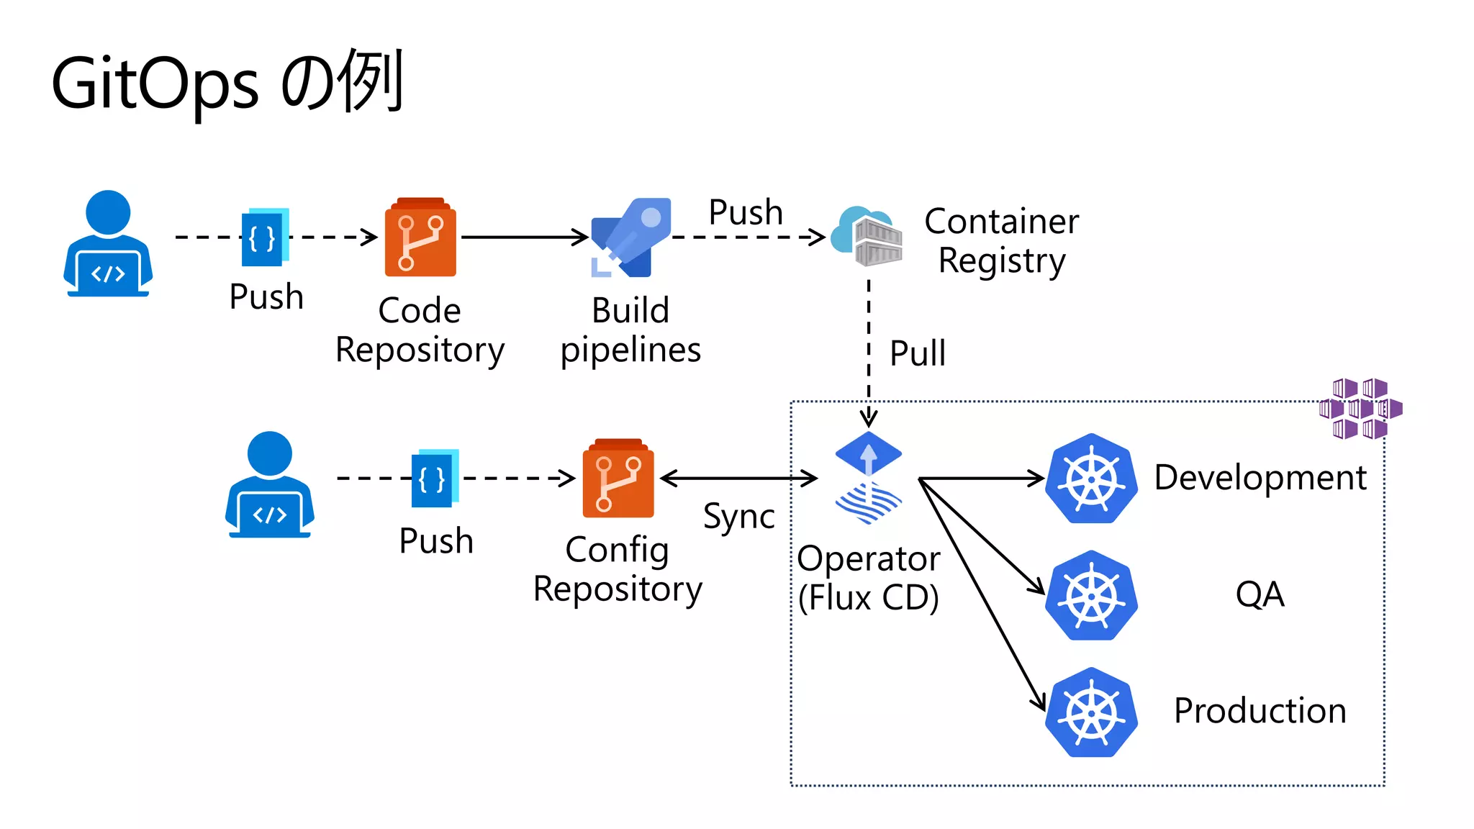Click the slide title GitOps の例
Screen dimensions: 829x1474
point(227,83)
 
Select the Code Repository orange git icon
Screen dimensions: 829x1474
point(420,237)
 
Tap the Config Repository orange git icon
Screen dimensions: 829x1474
point(618,479)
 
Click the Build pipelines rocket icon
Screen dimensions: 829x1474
point(631,237)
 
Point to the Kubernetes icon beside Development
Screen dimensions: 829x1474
point(1091,479)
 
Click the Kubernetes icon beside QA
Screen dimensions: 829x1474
point(1091,595)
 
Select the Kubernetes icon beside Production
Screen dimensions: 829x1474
point(1091,712)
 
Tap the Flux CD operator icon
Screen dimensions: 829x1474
point(869,479)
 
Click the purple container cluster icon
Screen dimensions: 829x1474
point(1360,409)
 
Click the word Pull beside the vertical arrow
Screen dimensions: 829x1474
point(917,353)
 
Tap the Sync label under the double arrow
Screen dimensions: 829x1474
point(738,516)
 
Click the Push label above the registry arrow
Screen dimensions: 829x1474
point(746,212)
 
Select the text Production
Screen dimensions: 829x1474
point(1260,711)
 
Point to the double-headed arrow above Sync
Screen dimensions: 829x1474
point(738,478)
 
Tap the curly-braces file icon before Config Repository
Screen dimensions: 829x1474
point(434,479)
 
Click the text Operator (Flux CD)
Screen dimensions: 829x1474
point(869,578)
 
